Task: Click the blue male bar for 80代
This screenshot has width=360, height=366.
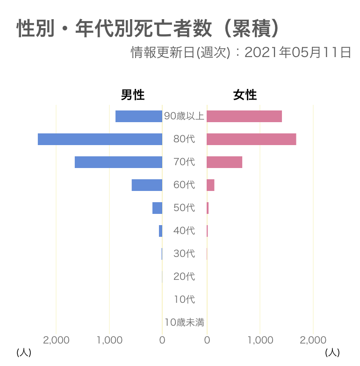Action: point(100,139)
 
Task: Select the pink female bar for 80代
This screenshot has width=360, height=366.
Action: point(252,139)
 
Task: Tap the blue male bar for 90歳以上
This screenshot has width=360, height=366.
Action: point(139,116)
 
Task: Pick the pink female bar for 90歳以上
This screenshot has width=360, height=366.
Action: point(244,116)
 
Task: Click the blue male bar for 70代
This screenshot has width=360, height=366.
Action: point(118,162)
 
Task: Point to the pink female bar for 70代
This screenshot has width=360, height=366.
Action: point(224,162)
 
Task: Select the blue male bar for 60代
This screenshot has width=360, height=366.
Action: point(147,185)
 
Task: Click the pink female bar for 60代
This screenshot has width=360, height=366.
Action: point(210,185)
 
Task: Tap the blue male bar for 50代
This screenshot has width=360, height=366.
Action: point(158,208)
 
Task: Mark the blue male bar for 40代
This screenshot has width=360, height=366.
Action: point(161,231)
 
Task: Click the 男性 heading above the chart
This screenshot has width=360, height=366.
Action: point(133,95)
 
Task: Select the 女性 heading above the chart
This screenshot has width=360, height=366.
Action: point(245,95)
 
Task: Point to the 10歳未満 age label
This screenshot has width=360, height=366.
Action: point(184,322)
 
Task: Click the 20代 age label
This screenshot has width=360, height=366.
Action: point(184,276)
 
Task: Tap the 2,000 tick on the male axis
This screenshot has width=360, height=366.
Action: point(56,340)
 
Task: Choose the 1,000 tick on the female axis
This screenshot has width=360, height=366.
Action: point(260,340)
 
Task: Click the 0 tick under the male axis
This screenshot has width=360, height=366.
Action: point(162,340)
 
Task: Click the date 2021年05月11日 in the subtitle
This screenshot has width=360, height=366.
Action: point(298,52)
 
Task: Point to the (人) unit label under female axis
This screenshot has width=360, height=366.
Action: point(332,352)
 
